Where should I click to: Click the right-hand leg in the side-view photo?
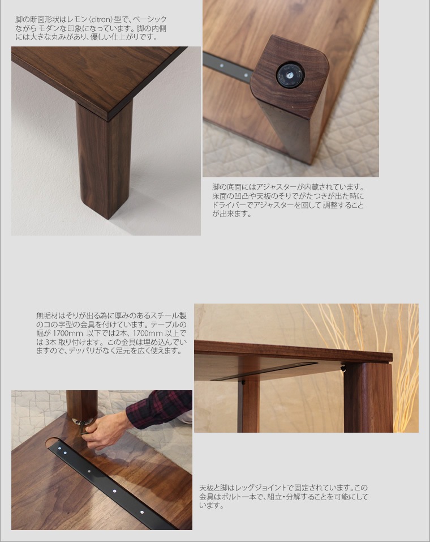pos(368,397)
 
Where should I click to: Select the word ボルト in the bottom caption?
pos(229,497)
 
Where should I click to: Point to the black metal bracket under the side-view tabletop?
pos(264,371)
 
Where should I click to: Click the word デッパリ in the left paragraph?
pos(87,352)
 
